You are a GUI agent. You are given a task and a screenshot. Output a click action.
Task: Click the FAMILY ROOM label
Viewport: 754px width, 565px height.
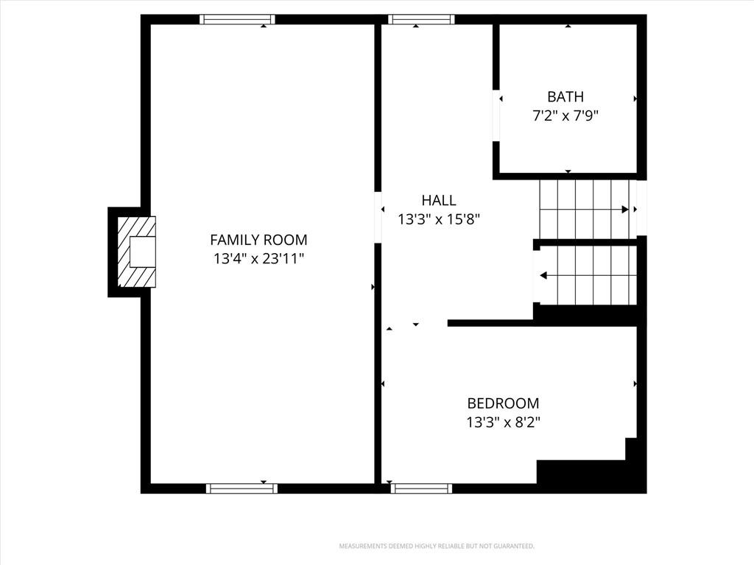(x=258, y=239)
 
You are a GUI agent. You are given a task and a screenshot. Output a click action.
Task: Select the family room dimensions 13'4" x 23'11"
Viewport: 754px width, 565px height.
(x=258, y=259)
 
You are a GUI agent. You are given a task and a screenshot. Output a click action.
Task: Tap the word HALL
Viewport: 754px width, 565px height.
(x=439, y=200)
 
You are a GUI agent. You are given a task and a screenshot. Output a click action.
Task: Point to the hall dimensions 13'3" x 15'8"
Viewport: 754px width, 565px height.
(x=439, y=219)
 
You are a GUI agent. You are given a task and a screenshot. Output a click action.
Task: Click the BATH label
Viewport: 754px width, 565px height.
(x=565, y=96)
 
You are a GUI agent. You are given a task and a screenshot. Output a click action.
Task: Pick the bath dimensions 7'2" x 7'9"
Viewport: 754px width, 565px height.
(x=565, y=116)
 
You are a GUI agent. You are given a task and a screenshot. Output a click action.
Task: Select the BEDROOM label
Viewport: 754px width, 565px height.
(x=503, y=402)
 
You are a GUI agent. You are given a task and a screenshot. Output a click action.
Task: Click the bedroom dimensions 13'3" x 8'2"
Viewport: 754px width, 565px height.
(x=503, y=422)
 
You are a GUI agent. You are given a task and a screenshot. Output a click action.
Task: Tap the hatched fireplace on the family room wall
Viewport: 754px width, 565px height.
(x=136, y=252)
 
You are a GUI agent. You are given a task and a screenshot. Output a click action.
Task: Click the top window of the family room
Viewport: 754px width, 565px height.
(x=238, y=19)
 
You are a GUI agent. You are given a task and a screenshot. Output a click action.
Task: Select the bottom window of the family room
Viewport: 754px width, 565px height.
(x=242, y=488)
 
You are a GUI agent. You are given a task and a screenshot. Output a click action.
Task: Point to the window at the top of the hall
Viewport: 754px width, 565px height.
(x=421, y=19)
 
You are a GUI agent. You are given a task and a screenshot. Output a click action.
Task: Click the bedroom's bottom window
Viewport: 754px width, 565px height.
(x=421, y=488)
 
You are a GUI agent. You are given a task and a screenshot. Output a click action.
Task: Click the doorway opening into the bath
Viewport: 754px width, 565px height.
(x=496, y=116)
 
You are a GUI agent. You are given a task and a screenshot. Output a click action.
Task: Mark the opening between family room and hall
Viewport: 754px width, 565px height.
(x=378, y=217)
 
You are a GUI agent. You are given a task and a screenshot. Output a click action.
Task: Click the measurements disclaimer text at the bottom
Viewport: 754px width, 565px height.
(x=437, y=547)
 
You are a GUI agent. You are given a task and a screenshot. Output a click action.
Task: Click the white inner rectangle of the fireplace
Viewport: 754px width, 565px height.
(x=143, y=252)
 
